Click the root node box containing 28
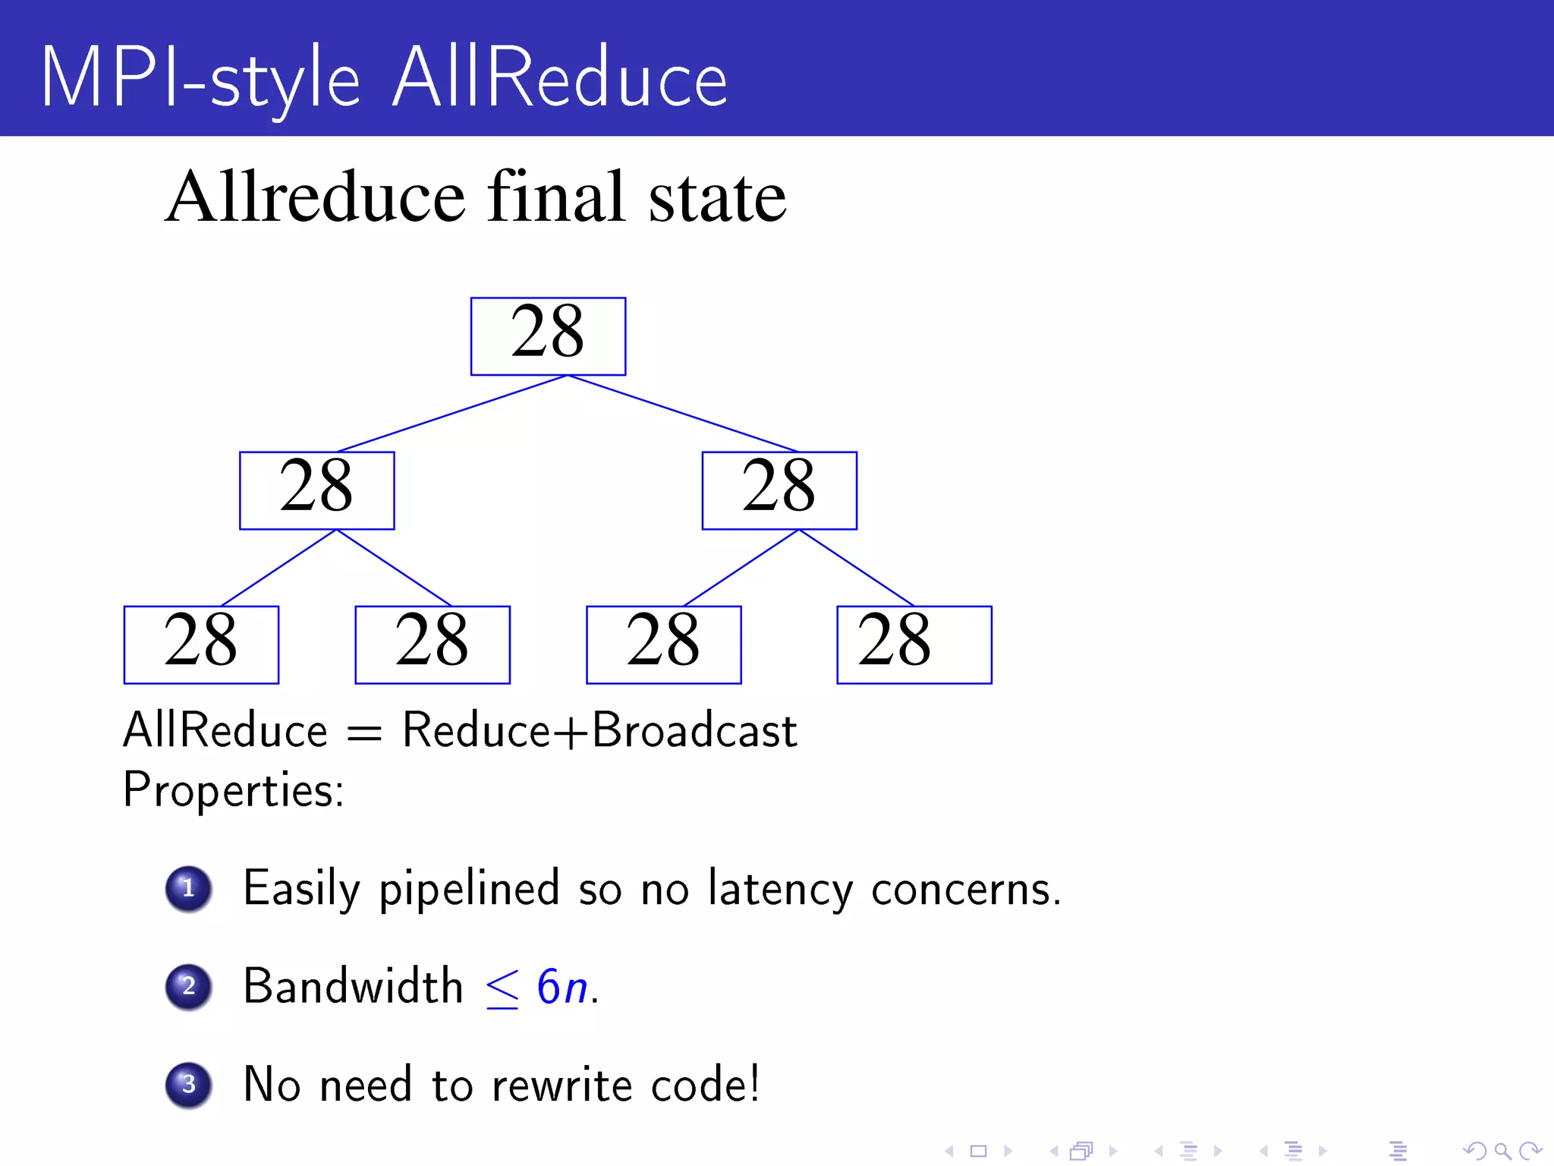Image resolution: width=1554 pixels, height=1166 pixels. pyautogui.click(x=548, y=336)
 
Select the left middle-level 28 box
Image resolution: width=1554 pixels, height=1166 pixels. pyautogui.click(x=316, y=490)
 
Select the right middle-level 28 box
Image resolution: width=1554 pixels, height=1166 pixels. pyautogui.click(x=779, y=490)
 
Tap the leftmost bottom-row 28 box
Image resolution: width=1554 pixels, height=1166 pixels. pyautogui.click(x=201, y=644)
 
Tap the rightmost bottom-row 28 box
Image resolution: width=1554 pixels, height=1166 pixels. pyautogui.click(x=914, y=644)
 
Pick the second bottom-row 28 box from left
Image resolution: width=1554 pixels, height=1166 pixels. pyautogui.click(x=433, y=644)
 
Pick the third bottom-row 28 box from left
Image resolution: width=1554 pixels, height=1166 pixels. pyautogui.click(x=663, y=644)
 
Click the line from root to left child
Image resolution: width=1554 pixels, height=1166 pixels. pyautogui.click(x=452, y=414)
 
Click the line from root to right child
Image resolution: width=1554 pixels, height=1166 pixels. pyautogui.click(x=683, y=414)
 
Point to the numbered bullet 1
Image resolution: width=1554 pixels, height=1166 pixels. pyautogui.click(x=188, y=888)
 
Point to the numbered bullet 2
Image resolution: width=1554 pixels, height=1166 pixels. pyautogui.click(x=188, y=986)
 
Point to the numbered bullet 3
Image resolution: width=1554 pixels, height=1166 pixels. pyautogui.click(x=188, y=1084)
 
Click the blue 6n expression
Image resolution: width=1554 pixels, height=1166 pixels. pyautogui.click(x=562, y=988)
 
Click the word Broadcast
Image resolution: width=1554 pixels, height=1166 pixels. pyautogui.click(x=694, y=731)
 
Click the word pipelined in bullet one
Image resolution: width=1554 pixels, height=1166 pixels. pyautogui.click(x=469, y=889)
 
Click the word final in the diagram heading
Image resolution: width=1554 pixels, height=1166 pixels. pyautogui.click(x=557, y=197)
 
